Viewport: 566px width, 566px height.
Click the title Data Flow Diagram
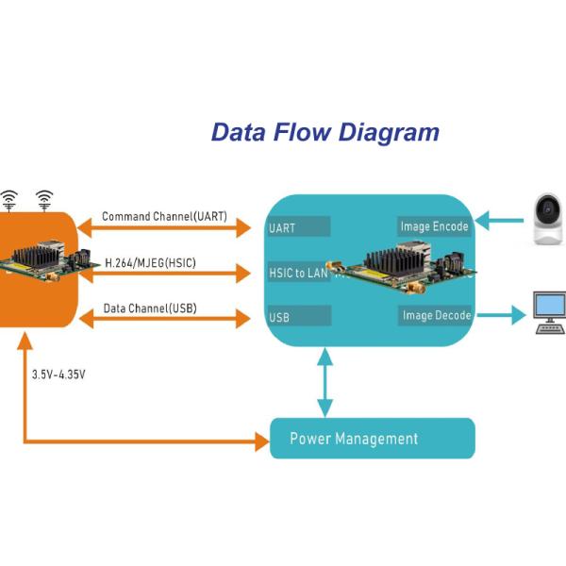tap(325, 132)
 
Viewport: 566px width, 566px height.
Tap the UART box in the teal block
tap(298, 227)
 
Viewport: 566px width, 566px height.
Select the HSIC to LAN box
tap(298, 273)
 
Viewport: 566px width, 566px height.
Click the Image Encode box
tap(434, 226)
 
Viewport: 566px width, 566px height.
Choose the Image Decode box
tap(435, 315)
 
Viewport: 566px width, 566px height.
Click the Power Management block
tap(372, 439)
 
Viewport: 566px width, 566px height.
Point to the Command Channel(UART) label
tap(164, 217)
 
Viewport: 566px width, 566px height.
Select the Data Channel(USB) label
tap(150, 308)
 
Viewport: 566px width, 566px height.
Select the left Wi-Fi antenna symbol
tap(8, 200)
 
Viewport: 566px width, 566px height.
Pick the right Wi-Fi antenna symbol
tap(43, 200)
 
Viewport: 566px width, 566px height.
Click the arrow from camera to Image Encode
tap(498, 224)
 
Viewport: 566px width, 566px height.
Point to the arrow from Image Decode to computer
tap(498, 315)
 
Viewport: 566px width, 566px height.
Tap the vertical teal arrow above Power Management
tap(325, 382)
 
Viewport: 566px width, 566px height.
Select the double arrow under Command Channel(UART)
tap(164, 227)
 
